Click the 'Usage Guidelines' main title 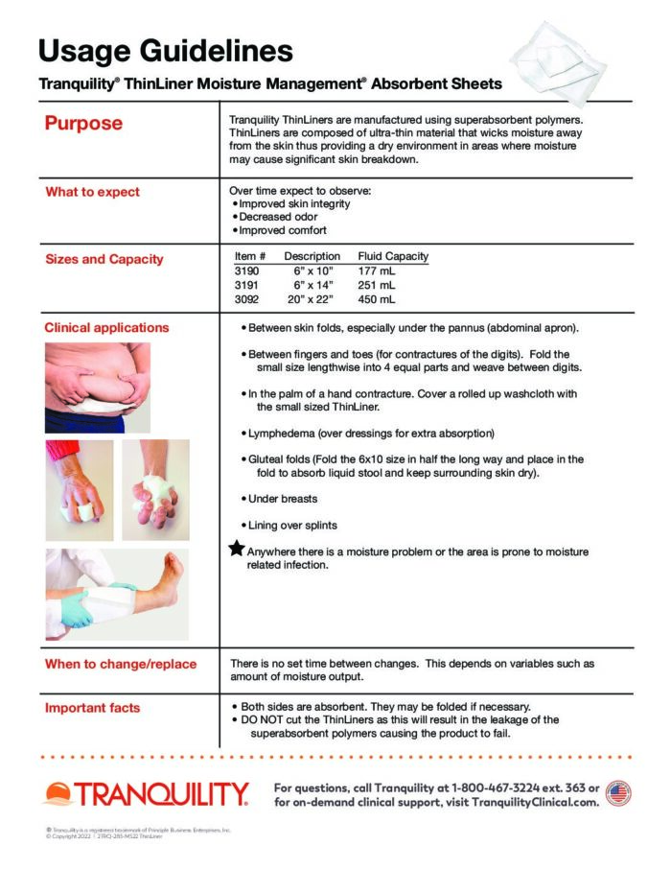pos(165,50)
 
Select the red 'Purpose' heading pos(83,124)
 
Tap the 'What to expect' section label pos(92,192)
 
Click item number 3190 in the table pos(247,271)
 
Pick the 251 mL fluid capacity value pos(376,285)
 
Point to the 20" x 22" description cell pos(313,299)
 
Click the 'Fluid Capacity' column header pos(393,257)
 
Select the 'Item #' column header pos(250,257)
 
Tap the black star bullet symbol pos(236,549)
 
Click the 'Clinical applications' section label pos(106,327)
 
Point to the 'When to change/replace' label pos(121,664)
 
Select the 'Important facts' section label pos(92,708)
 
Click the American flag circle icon pos(618,793)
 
